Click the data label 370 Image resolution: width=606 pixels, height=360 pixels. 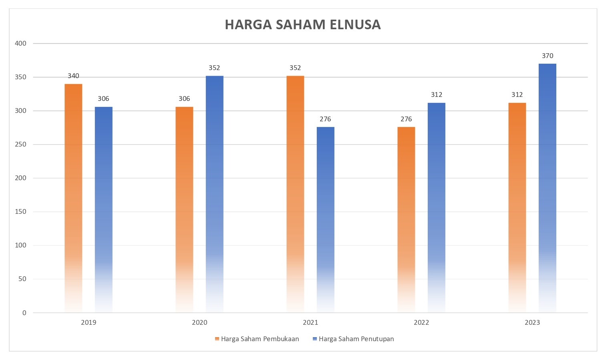(548, 56)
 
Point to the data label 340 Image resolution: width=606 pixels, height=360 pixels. (73, 76)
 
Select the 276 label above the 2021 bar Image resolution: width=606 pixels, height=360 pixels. (325, 119)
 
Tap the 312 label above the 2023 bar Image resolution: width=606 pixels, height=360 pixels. (517, 95)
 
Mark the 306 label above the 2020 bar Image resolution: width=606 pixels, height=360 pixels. (184, 99)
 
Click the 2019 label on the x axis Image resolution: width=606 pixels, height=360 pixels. (89, 322)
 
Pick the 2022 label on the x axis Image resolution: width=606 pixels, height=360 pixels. (421, 322)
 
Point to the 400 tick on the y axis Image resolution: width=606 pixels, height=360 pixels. (20, 44)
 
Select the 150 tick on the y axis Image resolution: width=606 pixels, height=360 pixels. (20, 212)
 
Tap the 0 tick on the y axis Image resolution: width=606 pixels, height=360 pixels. (24, 313)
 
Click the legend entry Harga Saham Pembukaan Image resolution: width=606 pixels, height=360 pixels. (260, 339)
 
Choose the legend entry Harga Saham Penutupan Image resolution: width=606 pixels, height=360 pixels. (356, 339)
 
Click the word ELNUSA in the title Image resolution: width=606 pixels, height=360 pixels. (355, 25)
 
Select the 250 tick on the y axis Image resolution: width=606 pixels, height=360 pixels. (20, 145)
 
